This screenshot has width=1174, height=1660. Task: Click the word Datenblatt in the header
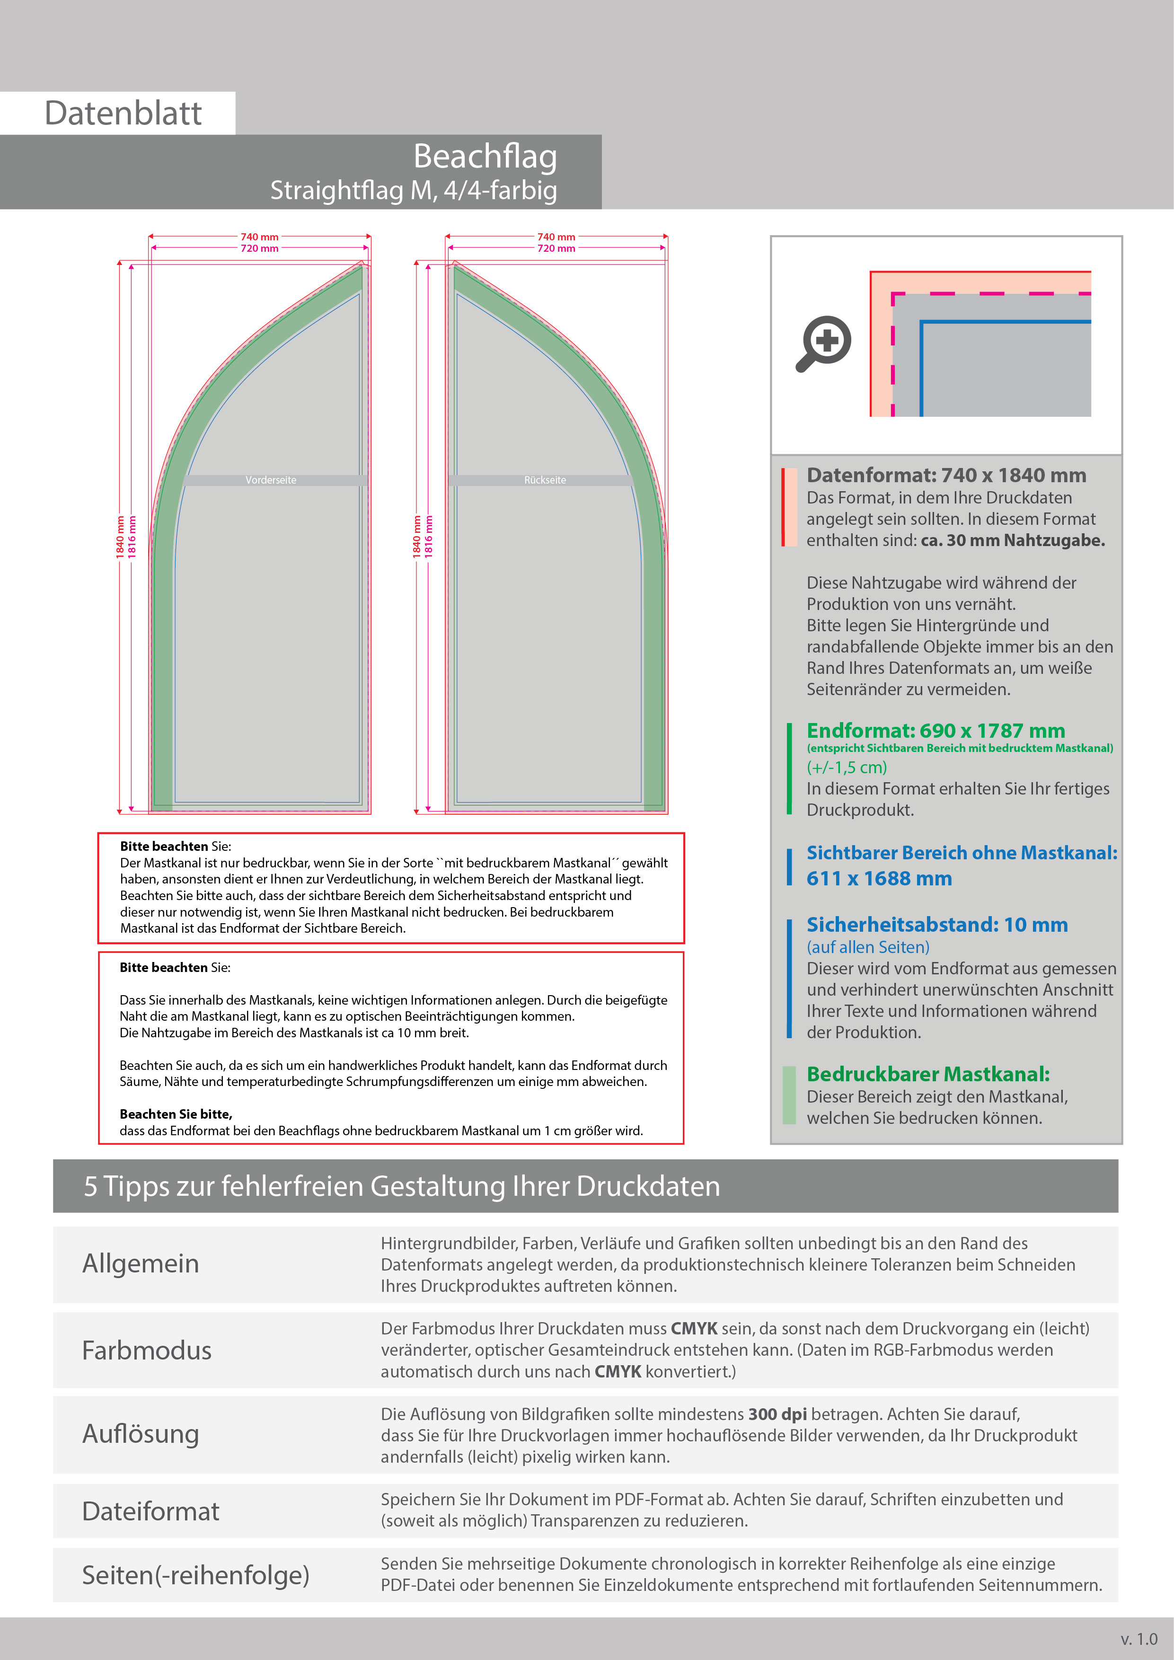click(123, 114)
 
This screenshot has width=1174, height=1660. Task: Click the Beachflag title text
click(485, 156)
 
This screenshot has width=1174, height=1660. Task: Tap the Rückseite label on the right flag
click(545, 480)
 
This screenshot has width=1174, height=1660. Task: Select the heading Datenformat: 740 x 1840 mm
click(945, 475)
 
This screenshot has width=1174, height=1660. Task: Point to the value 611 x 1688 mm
click(879, 878)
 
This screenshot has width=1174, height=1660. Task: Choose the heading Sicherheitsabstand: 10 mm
click(937, 925)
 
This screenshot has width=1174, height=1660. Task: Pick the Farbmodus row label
click(147, 1351)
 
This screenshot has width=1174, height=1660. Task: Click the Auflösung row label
click(141, 1434)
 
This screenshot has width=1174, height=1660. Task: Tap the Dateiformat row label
click(150, 1511)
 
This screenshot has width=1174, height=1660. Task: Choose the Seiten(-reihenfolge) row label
click(195, 1575)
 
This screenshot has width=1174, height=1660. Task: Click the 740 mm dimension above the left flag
click(259, 237)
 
